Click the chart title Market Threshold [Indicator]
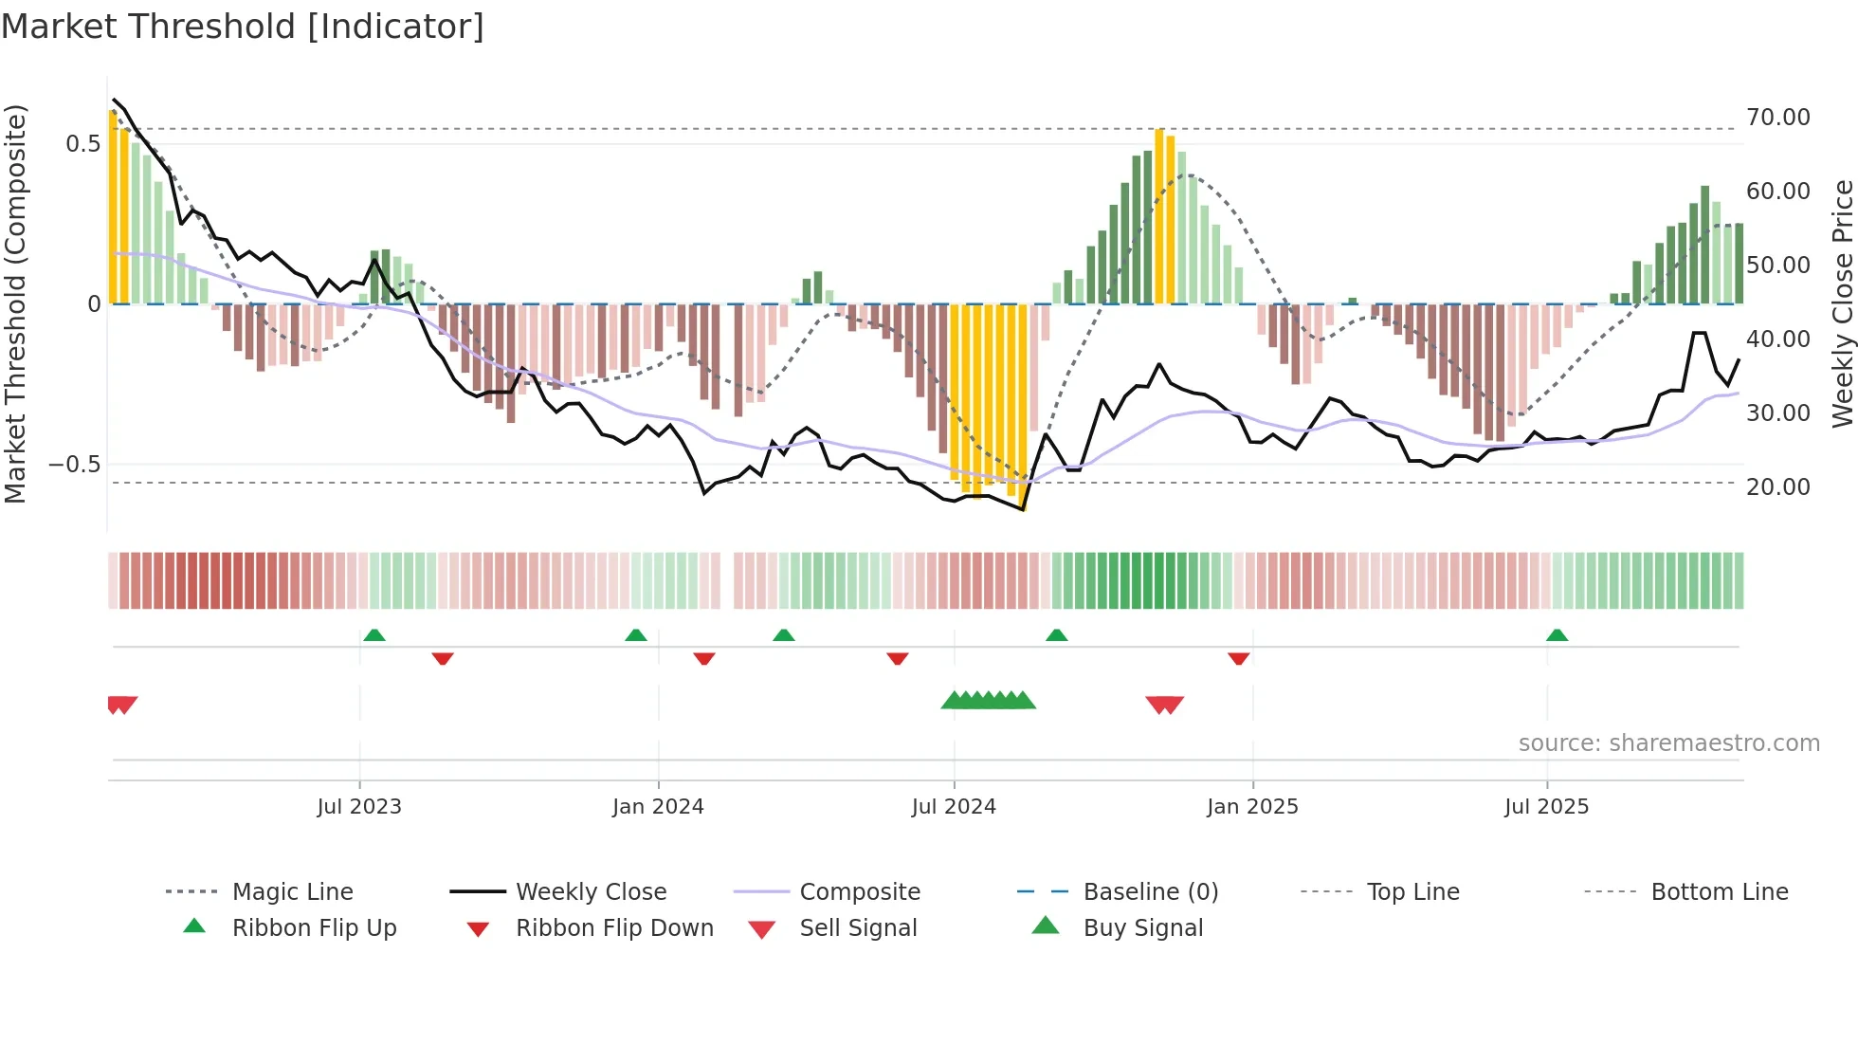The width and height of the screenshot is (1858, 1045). (x=243, y=27)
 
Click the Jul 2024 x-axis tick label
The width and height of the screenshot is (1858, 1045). (x=954, y=807)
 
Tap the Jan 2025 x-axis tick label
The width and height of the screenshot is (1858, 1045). (x=1252, y=807)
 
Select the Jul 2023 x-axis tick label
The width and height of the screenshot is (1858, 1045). (x=359, y=807)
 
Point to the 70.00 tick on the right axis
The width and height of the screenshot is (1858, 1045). (x=1777, y=118)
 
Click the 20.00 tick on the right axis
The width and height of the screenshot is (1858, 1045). (x=1777, y=487)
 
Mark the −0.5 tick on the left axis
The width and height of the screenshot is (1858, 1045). (x=74, y=465)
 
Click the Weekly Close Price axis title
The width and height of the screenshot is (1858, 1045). (x=1842, y=303)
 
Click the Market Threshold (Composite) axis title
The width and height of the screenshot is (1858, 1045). (x=15, y=303)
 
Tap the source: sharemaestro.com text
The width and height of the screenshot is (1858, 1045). (x=1668, y=743)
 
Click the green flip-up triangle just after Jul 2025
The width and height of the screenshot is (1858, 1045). (x=1557, y=635)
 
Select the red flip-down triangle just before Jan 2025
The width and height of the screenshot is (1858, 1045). (x=1238, y=658)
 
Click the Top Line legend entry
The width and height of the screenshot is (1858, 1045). (x=1412, y=892)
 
